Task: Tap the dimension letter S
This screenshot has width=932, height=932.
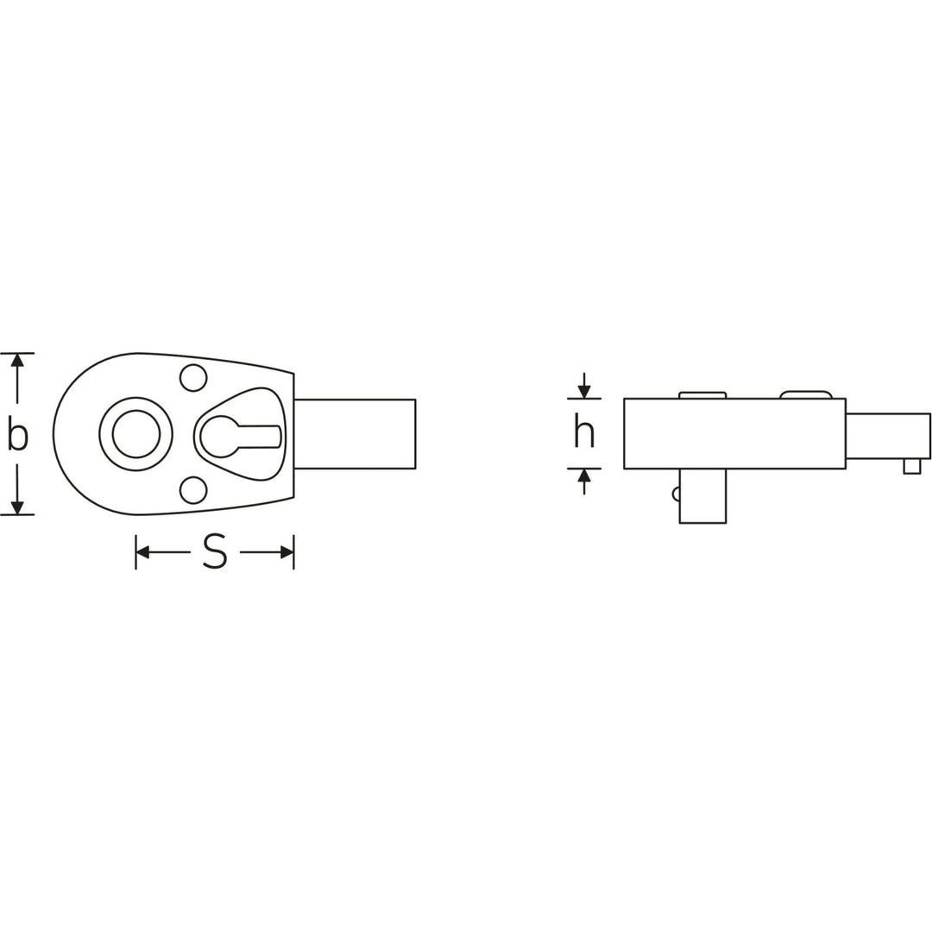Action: point(215,551)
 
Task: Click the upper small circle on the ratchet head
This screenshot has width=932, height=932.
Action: point(193,377)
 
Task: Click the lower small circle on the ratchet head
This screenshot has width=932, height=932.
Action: point(193,490)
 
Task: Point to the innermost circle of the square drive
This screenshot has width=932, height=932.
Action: point(136,433)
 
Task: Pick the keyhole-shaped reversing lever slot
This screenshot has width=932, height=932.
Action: point(237,436)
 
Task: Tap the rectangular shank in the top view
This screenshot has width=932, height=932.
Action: point(355,434)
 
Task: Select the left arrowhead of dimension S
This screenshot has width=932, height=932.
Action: point(143,552)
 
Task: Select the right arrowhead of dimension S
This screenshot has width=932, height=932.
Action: point(287,552)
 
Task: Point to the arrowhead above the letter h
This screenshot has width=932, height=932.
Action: point(584,392)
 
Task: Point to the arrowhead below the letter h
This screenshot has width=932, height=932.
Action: point(584,475)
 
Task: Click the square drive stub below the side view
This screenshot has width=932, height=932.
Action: point(702,495)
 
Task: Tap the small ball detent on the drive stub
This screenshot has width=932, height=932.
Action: point(677,494)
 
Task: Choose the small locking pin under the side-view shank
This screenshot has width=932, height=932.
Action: point(911,466)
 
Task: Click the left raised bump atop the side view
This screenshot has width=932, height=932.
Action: point(702,394)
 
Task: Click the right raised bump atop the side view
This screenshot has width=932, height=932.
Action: point(806,394)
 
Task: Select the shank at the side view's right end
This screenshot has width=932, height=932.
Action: point(887,436)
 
